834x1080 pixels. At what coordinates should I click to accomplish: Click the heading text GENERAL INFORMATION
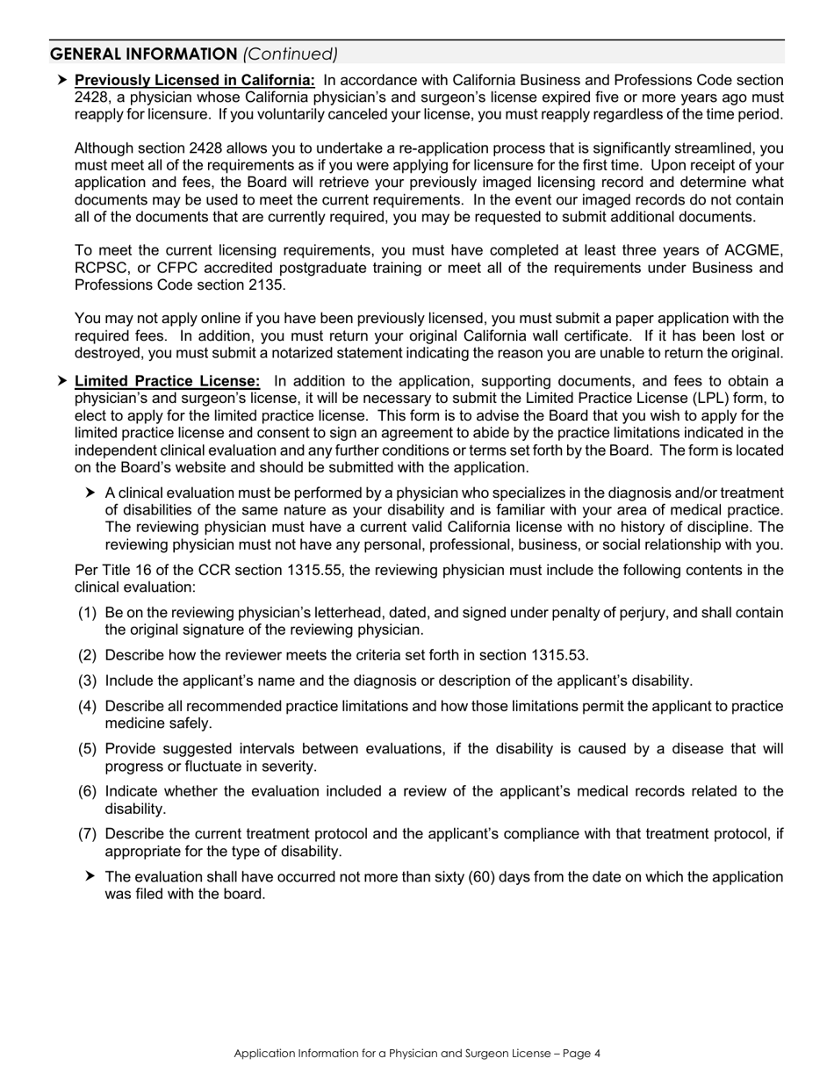pos(142,54)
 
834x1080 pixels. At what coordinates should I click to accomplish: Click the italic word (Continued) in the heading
pos(290,54)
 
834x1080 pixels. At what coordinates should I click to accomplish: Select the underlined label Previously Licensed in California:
pos(195,80)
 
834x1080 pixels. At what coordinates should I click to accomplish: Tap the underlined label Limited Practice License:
pos(167,381)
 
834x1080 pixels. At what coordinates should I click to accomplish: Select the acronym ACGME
pos(751,250)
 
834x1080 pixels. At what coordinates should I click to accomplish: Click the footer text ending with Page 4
pos(417,1054)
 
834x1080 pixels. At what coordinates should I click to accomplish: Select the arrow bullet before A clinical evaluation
pos(91,493)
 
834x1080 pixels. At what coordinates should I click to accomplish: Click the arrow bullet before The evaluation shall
pos(91,877)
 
